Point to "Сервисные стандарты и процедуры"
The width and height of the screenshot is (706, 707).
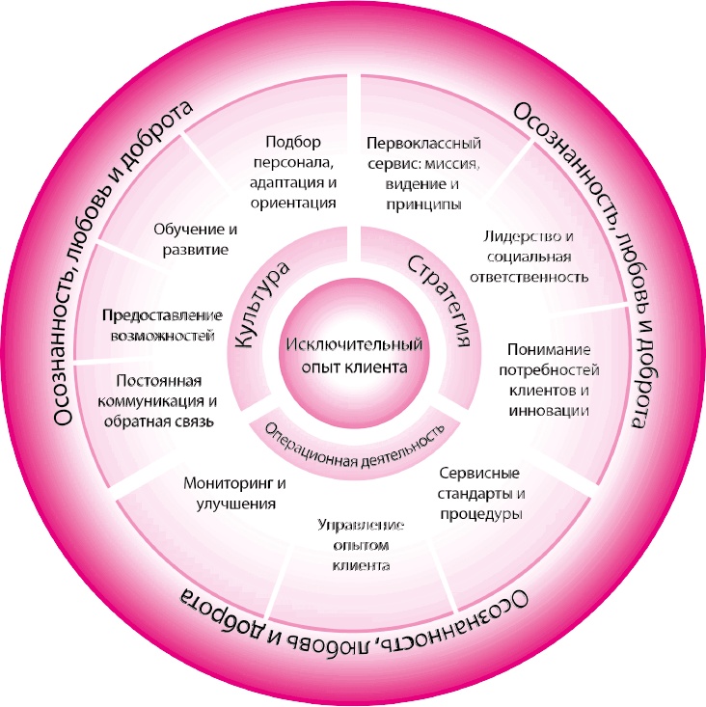click(x=479, y=494)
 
